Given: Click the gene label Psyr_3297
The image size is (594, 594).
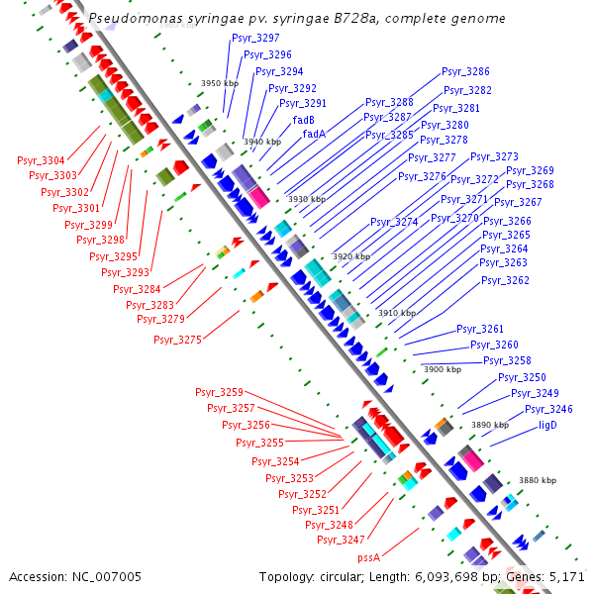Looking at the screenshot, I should point(255,38).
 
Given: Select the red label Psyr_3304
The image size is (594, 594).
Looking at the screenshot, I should point(41,160).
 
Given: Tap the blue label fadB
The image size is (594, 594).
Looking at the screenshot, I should point(303,120).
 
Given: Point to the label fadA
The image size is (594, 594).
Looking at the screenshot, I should point(314,134).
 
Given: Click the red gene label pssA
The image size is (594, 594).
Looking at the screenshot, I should point(369,557).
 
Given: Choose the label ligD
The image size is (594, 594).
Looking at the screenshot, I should point(547,425).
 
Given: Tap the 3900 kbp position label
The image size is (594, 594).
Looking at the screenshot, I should point(443,369).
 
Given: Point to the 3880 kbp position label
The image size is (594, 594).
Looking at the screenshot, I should point(538,480).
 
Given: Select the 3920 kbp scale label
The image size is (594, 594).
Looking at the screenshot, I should point(351,256).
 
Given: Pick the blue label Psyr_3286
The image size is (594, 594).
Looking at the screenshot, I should point(465,72).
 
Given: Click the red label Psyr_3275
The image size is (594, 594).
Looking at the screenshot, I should point(177,341).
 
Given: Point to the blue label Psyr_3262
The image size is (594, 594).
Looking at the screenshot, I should point(505,281).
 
